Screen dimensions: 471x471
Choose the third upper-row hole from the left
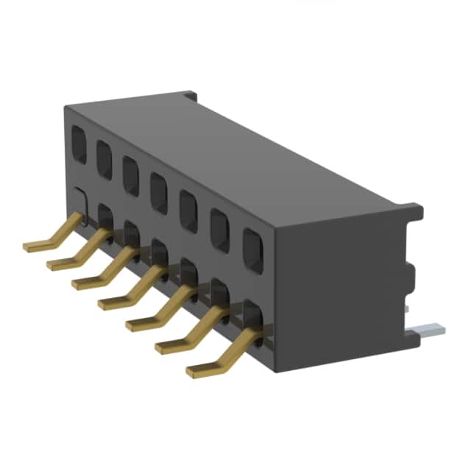click(x=130, y=174)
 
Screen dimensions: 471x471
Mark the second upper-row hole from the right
click(x=219, y=230)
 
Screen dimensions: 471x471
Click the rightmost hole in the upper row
click(x=252, y=250)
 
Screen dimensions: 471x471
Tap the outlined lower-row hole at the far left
click(x=82, y=203)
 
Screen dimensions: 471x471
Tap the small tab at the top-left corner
click(x=191, y=96)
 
